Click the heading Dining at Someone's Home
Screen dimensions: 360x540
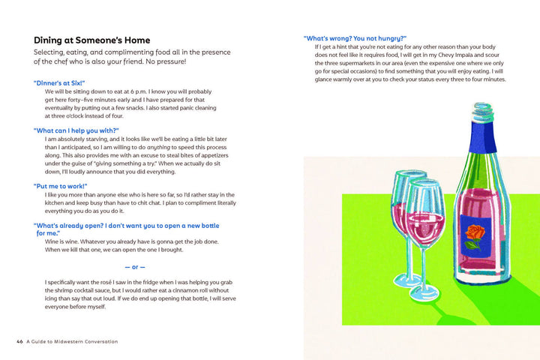point(91,40)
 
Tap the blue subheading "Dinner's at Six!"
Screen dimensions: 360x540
point(59,82)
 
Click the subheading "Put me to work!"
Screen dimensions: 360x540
point(61,185)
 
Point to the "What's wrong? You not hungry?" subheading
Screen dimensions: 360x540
point(355,37)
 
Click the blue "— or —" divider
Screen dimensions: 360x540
point(134,266)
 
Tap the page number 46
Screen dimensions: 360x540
point(20,341)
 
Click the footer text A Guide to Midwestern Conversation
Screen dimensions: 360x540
point(72,341)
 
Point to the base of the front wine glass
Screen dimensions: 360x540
point(428,298)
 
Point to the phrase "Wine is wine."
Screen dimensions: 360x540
point(65,241)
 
